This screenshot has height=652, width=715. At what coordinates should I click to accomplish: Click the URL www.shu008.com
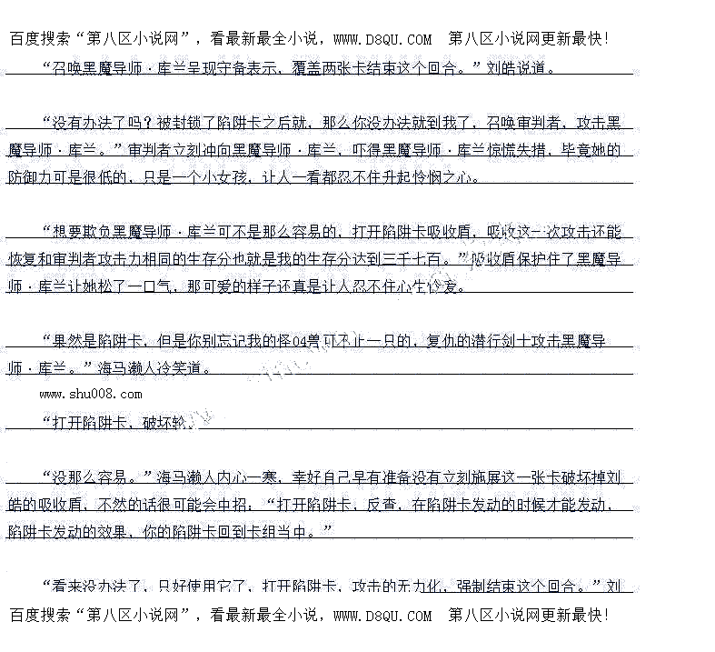[91, 394]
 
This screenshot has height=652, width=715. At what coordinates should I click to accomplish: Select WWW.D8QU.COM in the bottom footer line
[382, 616]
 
